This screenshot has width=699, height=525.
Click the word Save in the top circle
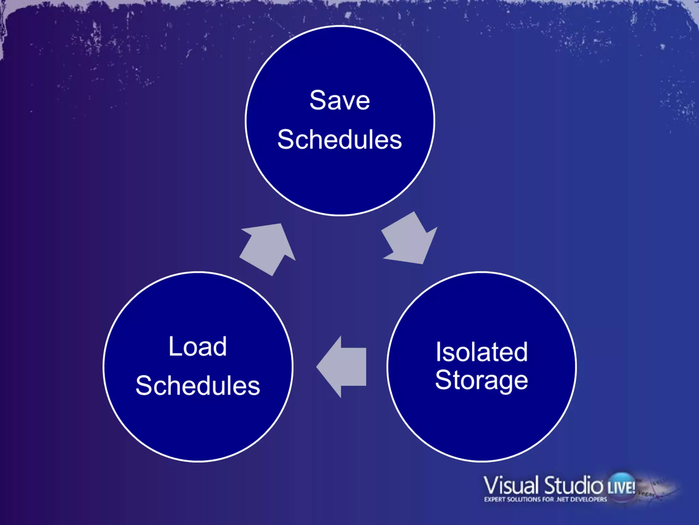pyautogui.click(x=340, y=100)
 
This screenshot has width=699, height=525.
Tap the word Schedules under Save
pyautogui.click(x=340, y=140)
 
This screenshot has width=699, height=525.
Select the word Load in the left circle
pyautogui.click(x=198, y=347)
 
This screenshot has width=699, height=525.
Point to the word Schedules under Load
pyautogui.click(x=198, y=386)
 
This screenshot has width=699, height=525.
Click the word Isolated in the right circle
pyautogui.click(x=482, y=352)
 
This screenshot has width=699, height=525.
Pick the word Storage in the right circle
pyautogui.click(x=482, y=380)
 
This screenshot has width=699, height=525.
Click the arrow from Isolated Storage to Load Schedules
pyautogui.click(x=343, y=367)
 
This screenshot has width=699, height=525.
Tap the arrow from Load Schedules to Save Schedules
pyautogui.click(x=268, y=248)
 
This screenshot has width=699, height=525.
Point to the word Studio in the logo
pyautogui.click(x=573, y=485)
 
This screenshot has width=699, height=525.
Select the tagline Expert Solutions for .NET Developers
pyautogui.click(x=545, y=499)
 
